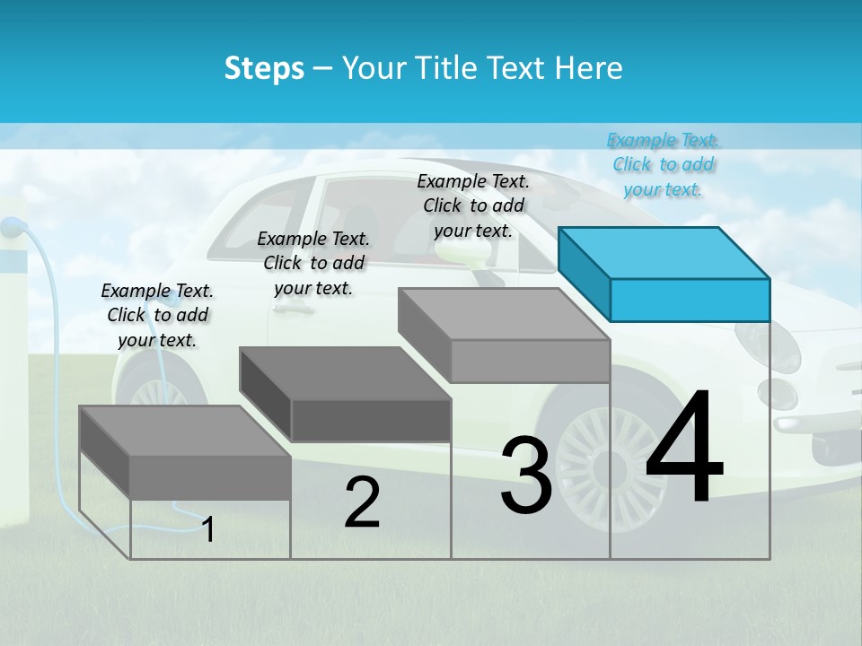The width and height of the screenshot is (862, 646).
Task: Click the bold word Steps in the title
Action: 264,68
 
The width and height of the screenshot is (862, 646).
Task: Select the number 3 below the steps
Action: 526,476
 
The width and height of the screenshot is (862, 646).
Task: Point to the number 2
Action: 362,502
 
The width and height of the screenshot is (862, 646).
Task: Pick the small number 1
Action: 208,529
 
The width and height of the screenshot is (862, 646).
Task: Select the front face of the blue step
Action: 690,300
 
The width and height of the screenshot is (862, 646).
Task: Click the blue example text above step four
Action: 663,164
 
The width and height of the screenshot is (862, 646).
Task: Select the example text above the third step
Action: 473,205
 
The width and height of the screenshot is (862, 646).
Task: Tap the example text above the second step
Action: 313,263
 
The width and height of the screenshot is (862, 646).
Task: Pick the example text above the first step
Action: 157,315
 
